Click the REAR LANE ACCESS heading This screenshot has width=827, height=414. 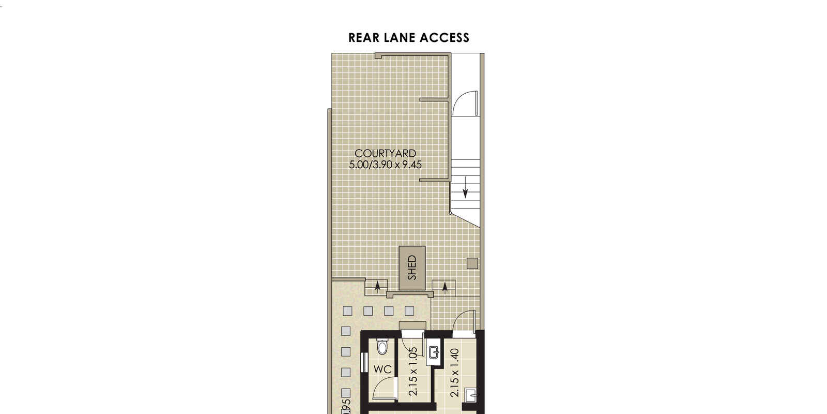[x=408, y=38]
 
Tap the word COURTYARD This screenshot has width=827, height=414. [x=385, y=153]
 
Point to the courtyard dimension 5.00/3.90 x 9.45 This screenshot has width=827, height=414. [x=386, y=165]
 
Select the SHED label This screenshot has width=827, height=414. [x=412, y=268]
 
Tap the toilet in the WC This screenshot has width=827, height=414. [x=382, y=346]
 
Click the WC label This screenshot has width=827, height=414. [x=382, y=369]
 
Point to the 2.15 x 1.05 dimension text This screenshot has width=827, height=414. [x=412, y=372]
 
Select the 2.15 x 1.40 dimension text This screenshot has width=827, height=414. [x=454, y=373]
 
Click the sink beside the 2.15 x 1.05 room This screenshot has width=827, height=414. [x=435, y=352]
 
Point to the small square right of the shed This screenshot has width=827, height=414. [x=472, y=263]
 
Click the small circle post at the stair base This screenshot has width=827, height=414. [x=450, y=213]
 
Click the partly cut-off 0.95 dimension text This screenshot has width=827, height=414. [x=346, y=405]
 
